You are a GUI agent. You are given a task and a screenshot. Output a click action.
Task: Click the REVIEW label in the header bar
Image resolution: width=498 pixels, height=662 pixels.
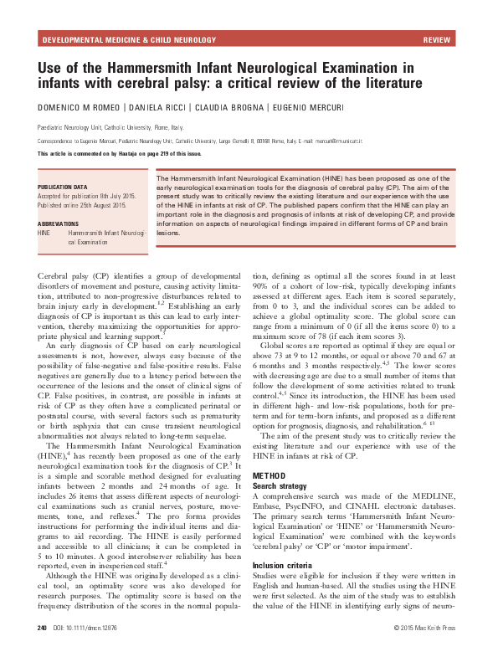pos(439,39)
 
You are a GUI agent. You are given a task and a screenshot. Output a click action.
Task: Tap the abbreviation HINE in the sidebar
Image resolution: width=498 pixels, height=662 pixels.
pos(47,233)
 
